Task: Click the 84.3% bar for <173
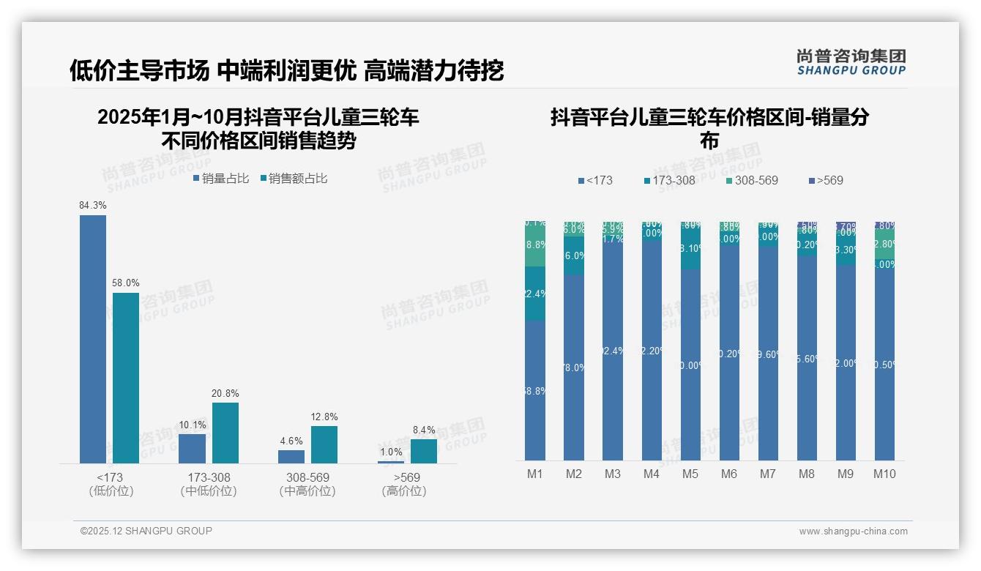pyautogui.click(x=93, y=339)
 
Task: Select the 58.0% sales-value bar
pyautogui.click(x=126, y=378)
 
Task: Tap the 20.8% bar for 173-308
pyautogui.click(x=225, y=433)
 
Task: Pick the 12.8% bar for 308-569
pyautogui.click(x=324, y=444)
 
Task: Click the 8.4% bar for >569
pyautogui.click(x=424, y=451)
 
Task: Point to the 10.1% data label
pyautogui.click(x=193, y=425)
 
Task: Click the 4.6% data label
pyautogui.click(x=291, y=441)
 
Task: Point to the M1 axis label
pyautogui.click(x=535, y=474)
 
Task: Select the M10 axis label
pyautogui.click(x=884, y=474)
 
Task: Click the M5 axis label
pyautogui.click(x=690, y=474)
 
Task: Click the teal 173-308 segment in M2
pyautogui.click(x=574, y=255)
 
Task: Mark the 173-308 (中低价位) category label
pyautogui.click(x=209, y=484)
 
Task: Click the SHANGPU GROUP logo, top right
pyautogui.click(x=851, y=61)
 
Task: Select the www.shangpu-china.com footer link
pyautogui.click(x=853, y=531)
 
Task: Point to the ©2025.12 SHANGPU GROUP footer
pyautogui.click(x=146, y=531)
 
